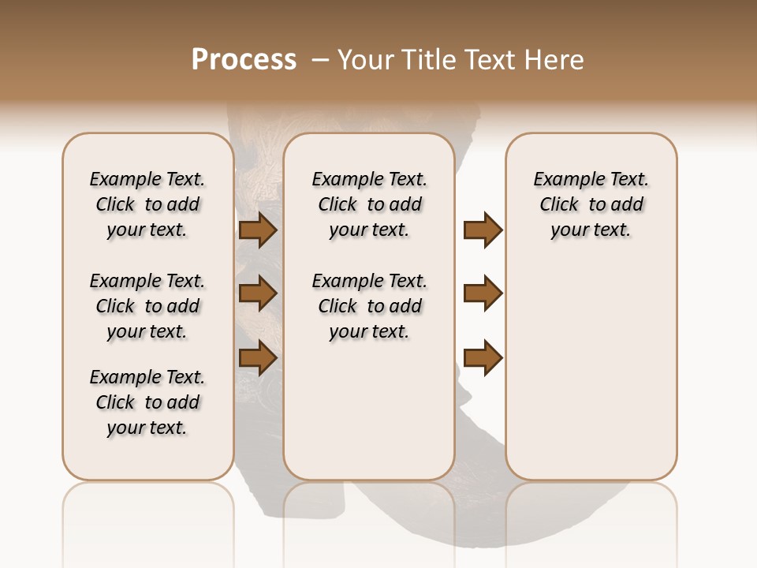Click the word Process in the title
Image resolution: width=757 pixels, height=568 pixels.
244,60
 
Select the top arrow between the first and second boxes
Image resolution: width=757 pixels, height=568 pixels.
258,230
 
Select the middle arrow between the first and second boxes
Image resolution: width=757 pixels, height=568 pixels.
258,294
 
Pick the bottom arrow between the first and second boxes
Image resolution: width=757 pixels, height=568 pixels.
258,358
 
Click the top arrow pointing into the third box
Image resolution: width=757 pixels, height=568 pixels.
483,230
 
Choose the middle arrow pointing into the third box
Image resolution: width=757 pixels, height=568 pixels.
483,293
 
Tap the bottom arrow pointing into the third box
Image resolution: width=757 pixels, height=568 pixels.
483,358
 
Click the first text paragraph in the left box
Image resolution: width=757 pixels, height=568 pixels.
147,204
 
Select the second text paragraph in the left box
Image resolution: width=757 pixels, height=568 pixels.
147,306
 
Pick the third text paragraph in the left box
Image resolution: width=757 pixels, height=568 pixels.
147,402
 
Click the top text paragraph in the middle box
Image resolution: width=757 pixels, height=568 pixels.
369,204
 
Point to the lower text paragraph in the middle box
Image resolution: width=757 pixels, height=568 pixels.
369,306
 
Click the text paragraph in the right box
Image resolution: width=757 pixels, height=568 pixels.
591,204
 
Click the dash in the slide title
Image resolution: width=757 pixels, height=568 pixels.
319,60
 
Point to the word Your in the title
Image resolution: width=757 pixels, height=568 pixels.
366,60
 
